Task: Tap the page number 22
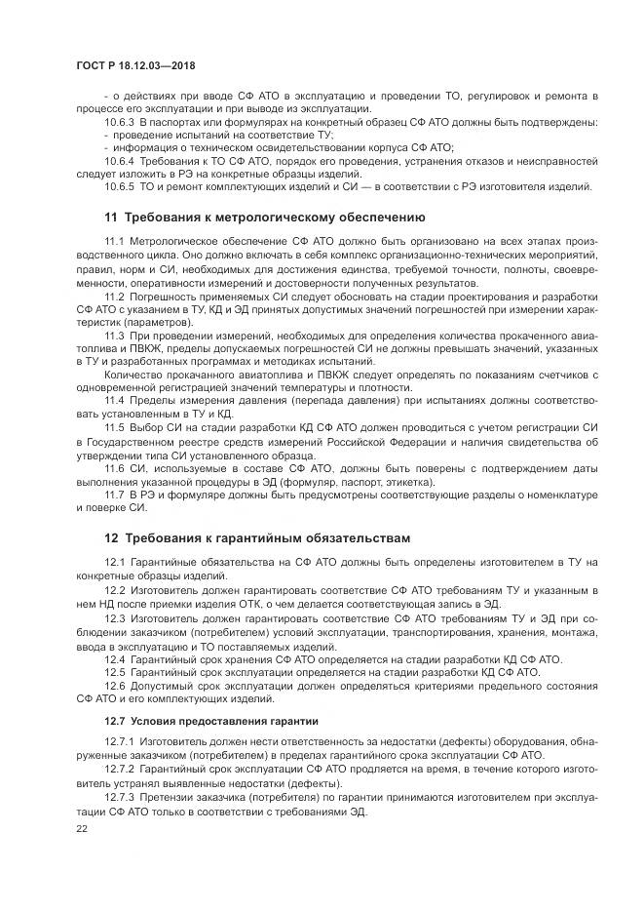(x=81, y=828)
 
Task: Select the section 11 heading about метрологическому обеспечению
(x=263, y=216)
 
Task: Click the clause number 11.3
(x=115, y=335)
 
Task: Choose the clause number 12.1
(x=115, y=563)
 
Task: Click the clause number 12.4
(x=115, y=658)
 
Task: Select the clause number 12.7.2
(x=119, y=770)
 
